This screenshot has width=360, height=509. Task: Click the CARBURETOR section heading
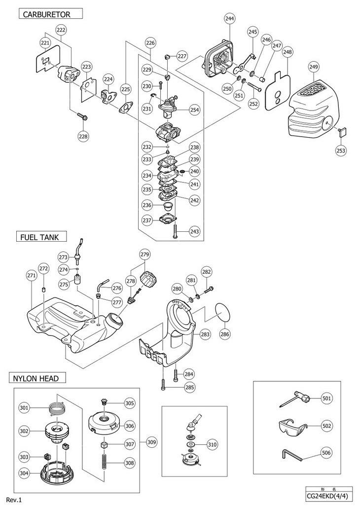46,14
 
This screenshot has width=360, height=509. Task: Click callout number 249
314,67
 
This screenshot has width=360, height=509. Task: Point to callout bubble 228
83,136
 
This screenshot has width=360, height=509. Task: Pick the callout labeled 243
194,231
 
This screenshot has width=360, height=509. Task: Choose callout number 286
225,334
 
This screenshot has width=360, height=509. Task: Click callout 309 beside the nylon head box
151,442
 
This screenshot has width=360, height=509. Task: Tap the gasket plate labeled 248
278,89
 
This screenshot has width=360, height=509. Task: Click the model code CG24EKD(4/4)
329,496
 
